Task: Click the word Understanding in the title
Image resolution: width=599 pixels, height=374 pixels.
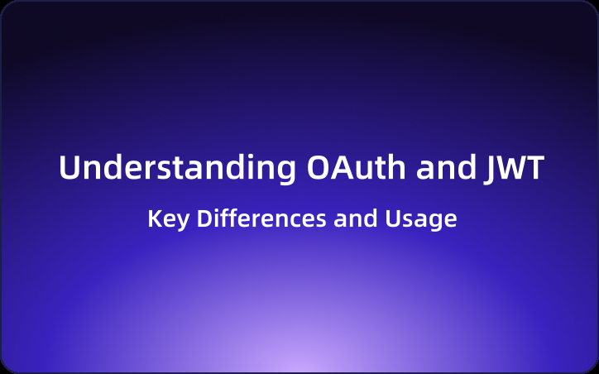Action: coord(174,168)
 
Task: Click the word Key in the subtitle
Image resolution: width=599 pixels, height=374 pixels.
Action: coord(165,219)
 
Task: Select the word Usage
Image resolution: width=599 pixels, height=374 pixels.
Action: coord(421,219)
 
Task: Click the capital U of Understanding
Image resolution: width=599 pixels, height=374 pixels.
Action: coord(69,168)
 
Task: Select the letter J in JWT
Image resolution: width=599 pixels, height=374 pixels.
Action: coord(487,168)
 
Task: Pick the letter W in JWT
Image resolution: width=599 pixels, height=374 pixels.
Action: coord(510,168)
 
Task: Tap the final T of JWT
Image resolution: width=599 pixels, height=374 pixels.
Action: coord(535,168)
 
